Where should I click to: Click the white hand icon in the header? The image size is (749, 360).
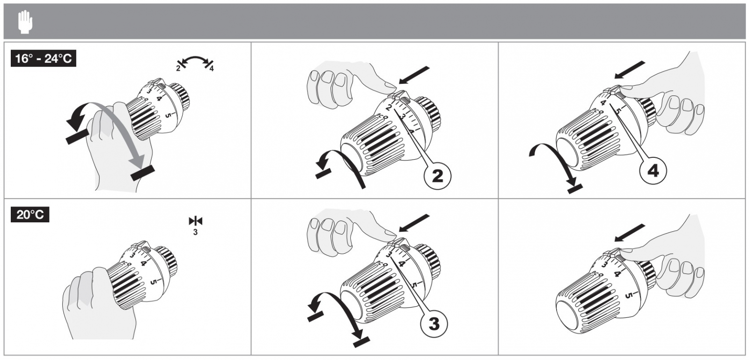[25, 22]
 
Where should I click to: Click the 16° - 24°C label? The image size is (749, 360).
[44, 59]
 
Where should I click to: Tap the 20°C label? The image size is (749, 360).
[30, 214]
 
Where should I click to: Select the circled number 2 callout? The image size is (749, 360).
[437, 176]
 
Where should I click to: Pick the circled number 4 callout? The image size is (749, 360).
[653, 171]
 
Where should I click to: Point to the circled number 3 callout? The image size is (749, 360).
[433, 323]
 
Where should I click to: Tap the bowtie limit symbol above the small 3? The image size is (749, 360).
[196, 221]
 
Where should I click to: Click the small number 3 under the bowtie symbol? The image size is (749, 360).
[195, 232]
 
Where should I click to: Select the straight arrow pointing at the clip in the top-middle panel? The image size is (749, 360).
[414, 75]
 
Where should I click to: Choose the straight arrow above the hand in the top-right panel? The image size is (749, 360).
[629, 70]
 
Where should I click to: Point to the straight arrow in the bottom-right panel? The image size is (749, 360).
[629, 233]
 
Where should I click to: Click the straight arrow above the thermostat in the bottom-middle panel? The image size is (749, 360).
[414, 223]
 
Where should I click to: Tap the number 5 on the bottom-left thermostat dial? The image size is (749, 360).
[153, 282]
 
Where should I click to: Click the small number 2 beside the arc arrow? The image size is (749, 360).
[178, 68]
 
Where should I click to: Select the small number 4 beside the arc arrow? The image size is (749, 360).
[211, 68]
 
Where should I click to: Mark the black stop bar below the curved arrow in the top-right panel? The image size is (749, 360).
[575, 189]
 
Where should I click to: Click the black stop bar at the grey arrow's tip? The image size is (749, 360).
[143, 173]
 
